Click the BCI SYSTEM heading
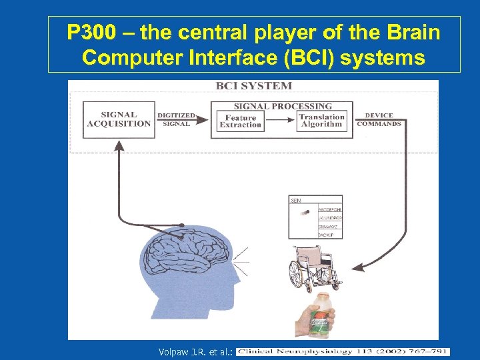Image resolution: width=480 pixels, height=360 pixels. (253, 86)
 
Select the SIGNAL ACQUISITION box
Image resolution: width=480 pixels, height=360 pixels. (118, 119)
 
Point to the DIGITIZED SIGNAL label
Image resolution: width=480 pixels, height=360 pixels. (177, 119)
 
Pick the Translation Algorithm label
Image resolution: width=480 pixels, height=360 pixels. (321, 121)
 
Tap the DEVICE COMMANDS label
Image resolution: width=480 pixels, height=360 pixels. (379, 119)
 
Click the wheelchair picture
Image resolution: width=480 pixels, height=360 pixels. (313, 268)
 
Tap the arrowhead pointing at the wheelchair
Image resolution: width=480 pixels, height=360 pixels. (358, 268)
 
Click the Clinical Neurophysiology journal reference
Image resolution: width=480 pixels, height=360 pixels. (343, 351)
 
